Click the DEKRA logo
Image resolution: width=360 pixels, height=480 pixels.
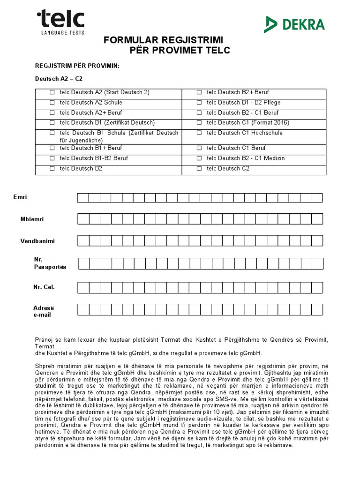click(x=295, y=24)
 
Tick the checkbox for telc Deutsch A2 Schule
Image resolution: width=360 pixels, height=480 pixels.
click(x=52, y=103)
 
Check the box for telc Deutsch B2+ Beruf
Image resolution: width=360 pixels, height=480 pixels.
click(x=199, y=92)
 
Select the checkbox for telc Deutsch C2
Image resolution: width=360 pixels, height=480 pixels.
click(x=199, y=169)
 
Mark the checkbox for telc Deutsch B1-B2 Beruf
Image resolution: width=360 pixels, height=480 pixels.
click(x=52, y=158)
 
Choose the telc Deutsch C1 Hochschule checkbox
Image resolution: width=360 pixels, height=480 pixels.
click(x=199, y=133)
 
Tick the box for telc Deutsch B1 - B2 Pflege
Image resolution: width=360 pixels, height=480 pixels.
click(x=199, y=103)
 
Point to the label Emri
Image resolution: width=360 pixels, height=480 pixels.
click(x=20, y=197)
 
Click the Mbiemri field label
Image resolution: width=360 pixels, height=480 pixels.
click(x=32, y=219)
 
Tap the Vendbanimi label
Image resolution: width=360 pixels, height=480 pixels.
click(x=37, y=241)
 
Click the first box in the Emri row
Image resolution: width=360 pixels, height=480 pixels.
click(x=83, y=197)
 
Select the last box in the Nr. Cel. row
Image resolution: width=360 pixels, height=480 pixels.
click(x=317, y=286)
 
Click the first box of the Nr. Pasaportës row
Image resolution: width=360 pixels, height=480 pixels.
click(x=84, y=263)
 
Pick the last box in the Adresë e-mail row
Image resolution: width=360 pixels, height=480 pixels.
click(x=317, y=309)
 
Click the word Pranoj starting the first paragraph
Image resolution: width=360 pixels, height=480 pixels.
click(x=45, y=339)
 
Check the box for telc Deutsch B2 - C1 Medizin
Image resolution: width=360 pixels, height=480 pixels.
click(x=199, y=158)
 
